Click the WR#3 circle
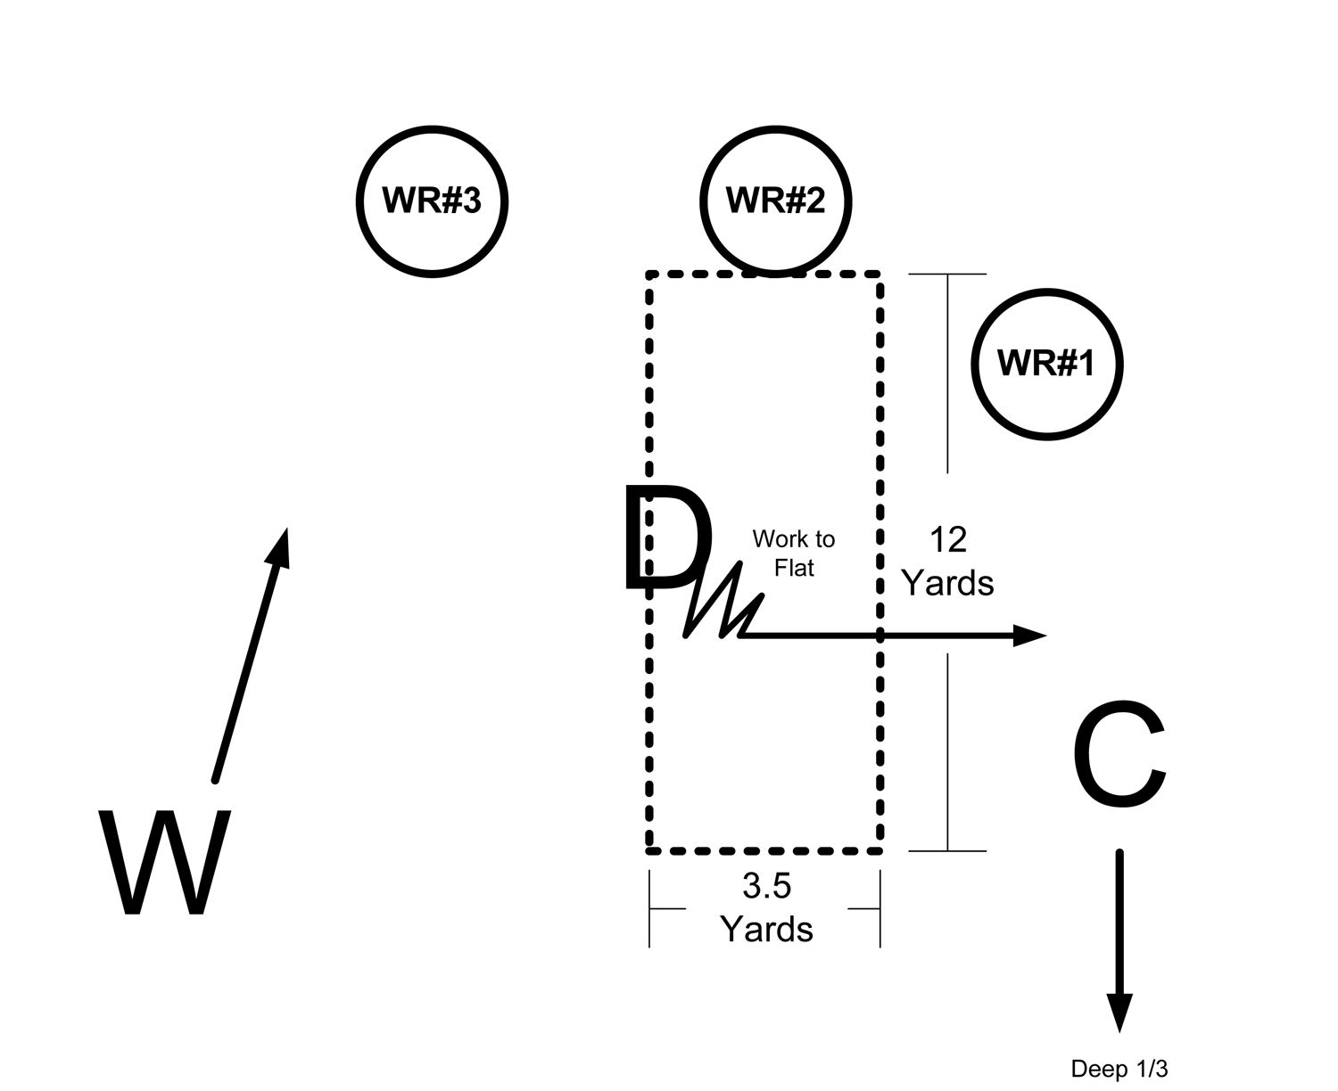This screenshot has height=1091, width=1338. click(432, 201)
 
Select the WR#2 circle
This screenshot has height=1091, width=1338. click(775, 201)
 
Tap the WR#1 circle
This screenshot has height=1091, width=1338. click(1045, 364)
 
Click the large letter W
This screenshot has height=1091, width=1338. click(166, 862)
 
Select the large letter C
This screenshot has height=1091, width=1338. click(1119, 754)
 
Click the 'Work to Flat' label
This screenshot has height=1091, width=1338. click(793, 553)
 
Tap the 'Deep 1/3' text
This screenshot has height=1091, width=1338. click(1119, 1069)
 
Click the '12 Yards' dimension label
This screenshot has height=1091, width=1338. click(947, 561)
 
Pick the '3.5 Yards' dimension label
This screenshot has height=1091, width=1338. click(766, 907)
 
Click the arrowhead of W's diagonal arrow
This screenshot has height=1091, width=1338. click(280, 545)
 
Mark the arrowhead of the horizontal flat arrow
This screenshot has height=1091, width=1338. click(1029, 636)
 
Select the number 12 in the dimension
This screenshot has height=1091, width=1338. click(947, 539)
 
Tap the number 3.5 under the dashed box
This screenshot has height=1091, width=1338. click(766, 886)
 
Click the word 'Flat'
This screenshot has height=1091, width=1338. click(793, 568)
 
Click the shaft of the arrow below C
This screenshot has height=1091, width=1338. click(1119, 918)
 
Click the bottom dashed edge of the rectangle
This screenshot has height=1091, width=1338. click(764, 851)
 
